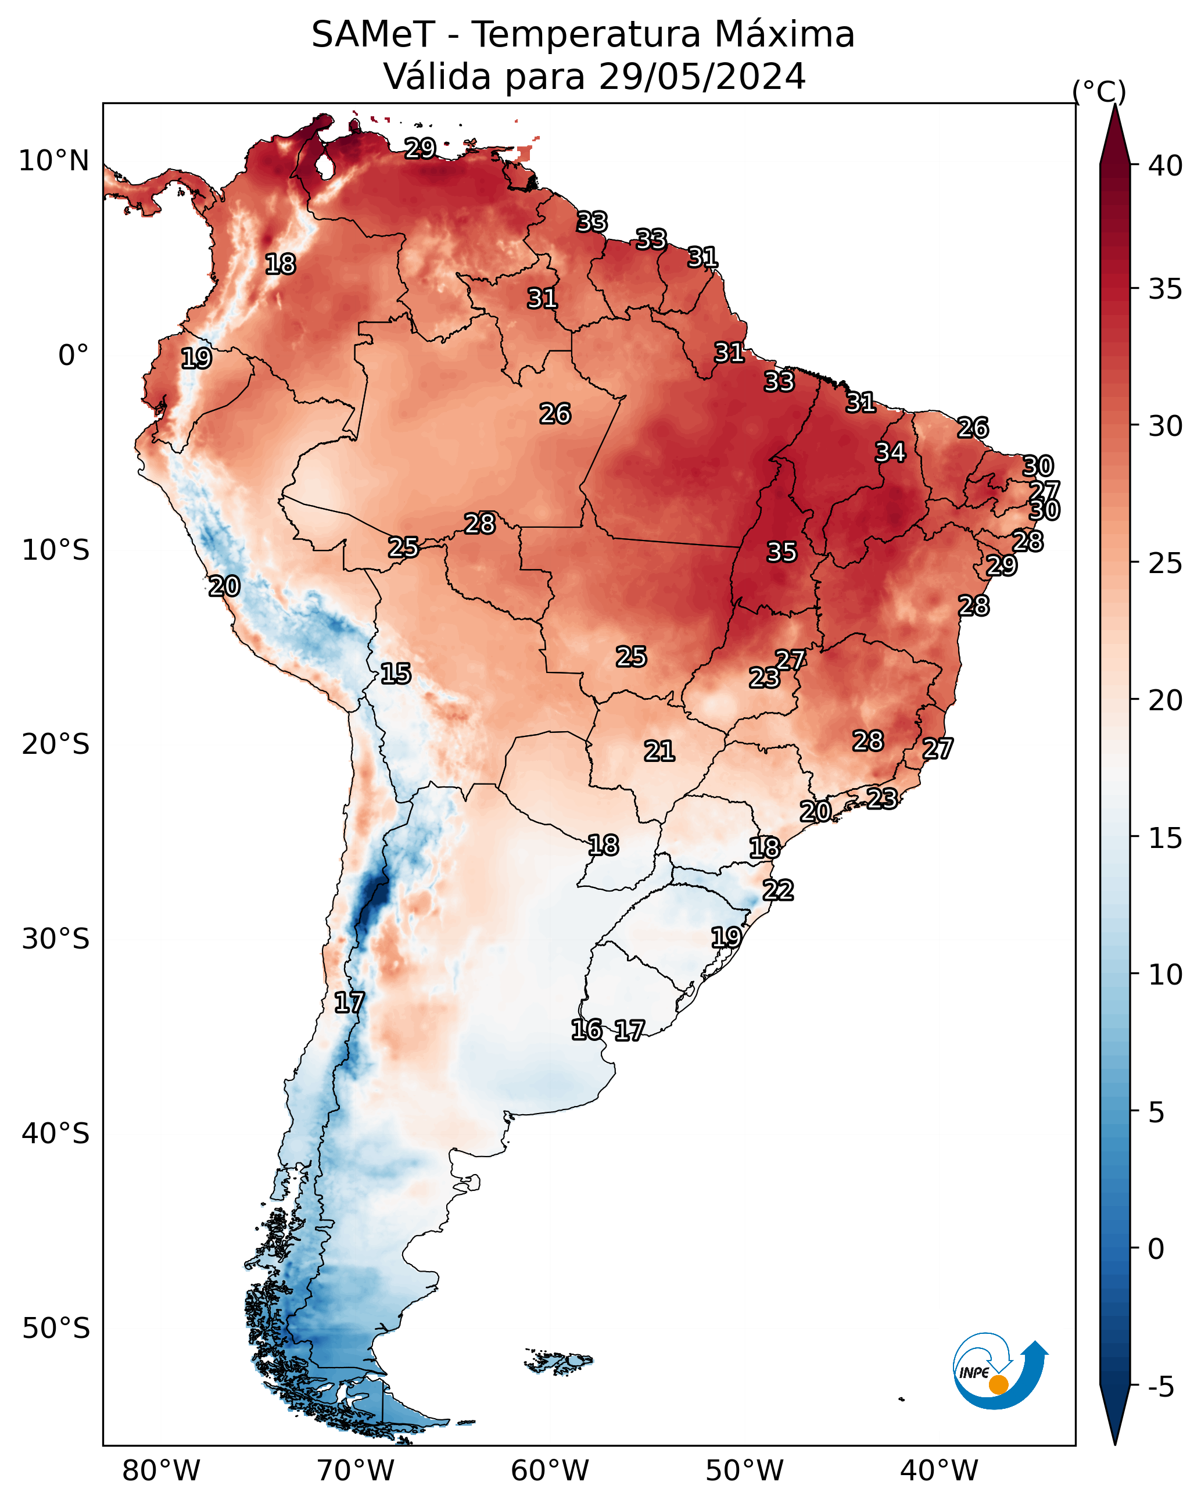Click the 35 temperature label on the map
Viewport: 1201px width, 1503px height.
(781, 552)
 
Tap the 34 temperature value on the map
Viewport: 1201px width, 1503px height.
(890, 452)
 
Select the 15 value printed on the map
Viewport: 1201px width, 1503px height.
(395, 674)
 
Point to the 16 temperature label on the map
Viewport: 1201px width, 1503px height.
(586, 1030)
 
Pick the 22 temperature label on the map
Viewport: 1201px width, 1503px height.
(778, 890)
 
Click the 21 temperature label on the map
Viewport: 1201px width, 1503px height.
(659, 751)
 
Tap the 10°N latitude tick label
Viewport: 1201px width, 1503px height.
(53, 161)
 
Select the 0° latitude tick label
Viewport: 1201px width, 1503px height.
(73, 356)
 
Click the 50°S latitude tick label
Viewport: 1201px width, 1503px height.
(56, 1329)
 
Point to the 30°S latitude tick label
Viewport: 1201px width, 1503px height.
(56, 939)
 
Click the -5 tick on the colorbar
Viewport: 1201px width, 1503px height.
(1160, 1387)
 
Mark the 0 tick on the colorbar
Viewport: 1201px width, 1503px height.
(1156, 1249)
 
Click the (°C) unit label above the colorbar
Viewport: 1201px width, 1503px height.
(1099, 91)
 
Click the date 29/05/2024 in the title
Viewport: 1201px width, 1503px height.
(702, 76)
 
